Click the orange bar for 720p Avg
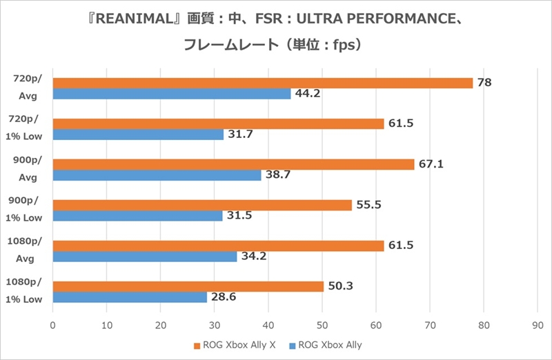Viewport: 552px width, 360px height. pyautogui.click(x=262, y=83)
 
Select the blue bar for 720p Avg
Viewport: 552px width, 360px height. pyautogui.click(x=172, y=94)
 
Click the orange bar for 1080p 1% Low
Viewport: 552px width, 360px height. pyautogui.click(x=188, y=286)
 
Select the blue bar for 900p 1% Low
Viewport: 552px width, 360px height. pyautogui.click(x=137, y=216)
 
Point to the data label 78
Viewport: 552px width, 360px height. pyautogui.click(x=484, y=83)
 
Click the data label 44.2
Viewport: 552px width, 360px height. pyautogui.click(x=307, y=94)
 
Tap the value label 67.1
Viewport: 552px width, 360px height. pyautogui.click(x=431, y=164)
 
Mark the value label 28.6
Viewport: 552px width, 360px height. pyautogui.click(x=223, y=297)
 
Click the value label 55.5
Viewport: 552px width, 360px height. pyautogui.click(x=368, y=205)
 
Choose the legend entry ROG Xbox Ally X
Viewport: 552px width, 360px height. pyautogui.click(x=234, y=344)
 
